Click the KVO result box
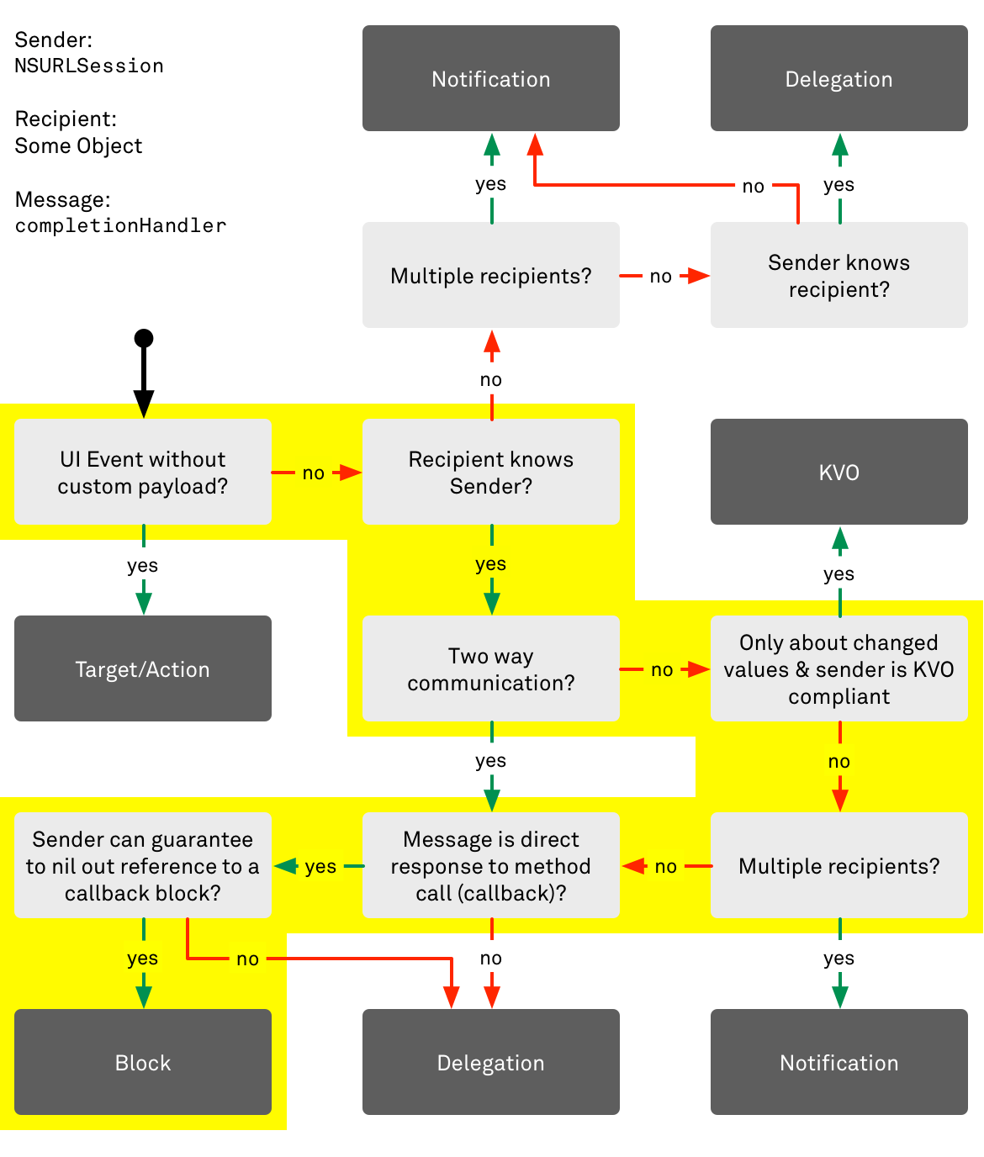(x=839, y=472)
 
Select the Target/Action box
(x=143, y=668)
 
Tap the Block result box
(x=143, y=1062)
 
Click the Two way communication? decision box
(x=491, y=668)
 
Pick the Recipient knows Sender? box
(x=491, y=472)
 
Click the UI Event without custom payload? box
(x=143, y=472)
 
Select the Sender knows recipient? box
(x=839, y=275)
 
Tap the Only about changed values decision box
(x=839, y=668)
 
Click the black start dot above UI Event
(x=144, y=338)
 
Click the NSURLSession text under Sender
(x=89, y=66)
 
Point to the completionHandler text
(x=120, y=225)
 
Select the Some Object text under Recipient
(x=78, y=145)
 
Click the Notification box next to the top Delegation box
(x=491, y=78)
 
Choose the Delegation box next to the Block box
(x=491, y=1062)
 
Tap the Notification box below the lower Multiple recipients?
(x=839, y=1062)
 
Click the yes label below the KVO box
(x=839, y=573)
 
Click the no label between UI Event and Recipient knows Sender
(x=314, y=473)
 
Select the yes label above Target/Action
(x=143, y=565)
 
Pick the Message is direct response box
(x=491, y=865)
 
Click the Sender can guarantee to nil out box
(x=143, y=865)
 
